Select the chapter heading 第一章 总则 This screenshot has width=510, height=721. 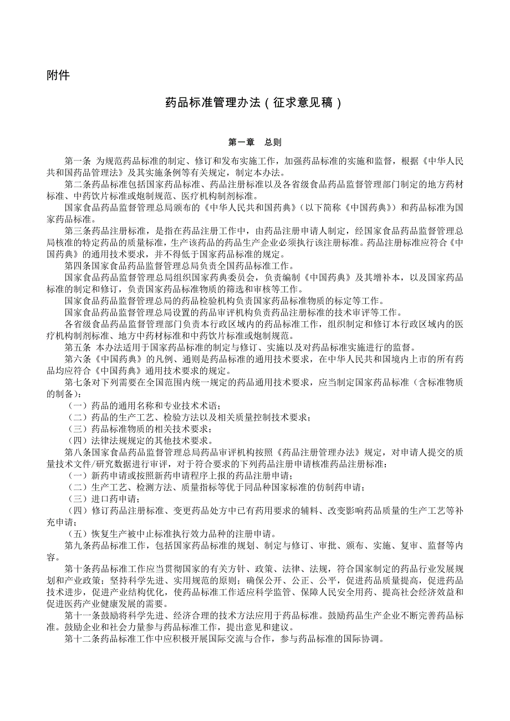[x=255, y=142]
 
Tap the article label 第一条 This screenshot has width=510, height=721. [x=78, y=161]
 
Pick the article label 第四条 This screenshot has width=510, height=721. [x=78, y=265]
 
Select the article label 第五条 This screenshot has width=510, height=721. [x=78, y=348]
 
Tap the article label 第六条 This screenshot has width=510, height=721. [x=78, y=360]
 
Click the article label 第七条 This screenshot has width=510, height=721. [x=78, y=383]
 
